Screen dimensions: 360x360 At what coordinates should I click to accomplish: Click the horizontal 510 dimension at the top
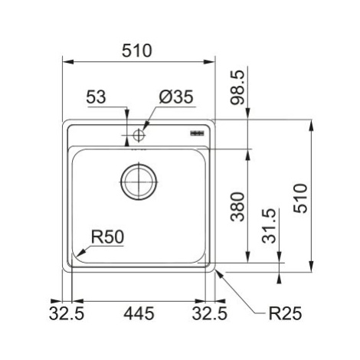pyautogui.click(x=136, y=51)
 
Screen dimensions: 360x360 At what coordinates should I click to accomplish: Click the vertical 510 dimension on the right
pyautogui.click(x=300, y=198)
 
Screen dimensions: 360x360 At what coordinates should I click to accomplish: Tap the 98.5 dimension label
pyautogui.click(x=237, y=88)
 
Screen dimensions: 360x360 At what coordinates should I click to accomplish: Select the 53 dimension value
pyautogui.click(x=96, y=97)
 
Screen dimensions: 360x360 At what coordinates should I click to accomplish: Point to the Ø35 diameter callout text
pyautogui.click(x=176, y=97)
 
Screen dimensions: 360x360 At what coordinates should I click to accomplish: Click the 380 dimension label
pyautogui.click(x=237, y=207)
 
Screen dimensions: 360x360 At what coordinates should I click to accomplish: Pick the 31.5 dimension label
pyautogui.click(x=269, y=226)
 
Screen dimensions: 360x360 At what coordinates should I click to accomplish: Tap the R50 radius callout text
pyautogui.click(x=107, y=237)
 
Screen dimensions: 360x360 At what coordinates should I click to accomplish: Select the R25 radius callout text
pyautogui.click(x=285, y=313)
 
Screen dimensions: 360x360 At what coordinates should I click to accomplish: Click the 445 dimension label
pyautogui.click(x=139, y=313)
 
